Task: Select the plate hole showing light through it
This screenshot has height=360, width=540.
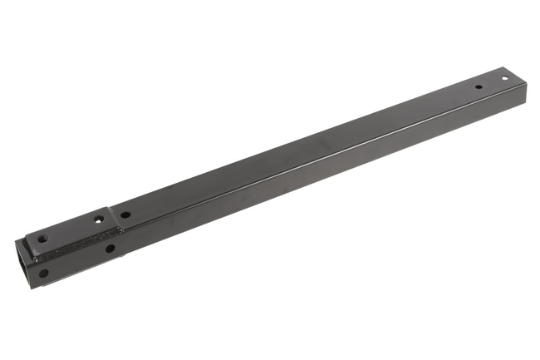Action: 99,221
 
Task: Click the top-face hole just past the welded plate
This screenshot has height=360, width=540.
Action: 125,215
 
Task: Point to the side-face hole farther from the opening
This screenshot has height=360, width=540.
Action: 110,248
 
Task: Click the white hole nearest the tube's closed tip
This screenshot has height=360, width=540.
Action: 504,79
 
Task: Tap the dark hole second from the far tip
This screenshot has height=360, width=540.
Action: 479,87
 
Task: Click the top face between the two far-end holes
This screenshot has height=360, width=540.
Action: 492,83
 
